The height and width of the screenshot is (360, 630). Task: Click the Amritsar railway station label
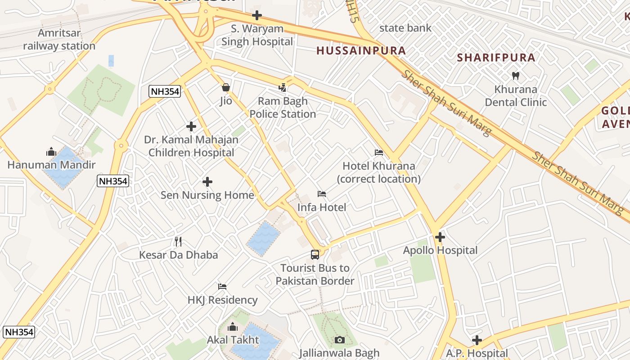point(59,40)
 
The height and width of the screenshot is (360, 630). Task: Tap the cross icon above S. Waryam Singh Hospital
point(257,15)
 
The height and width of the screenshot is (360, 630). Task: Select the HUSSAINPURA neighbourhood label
point(361,50)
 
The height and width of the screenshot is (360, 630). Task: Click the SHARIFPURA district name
point(496,58)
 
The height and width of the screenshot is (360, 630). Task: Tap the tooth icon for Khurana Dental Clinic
point(516,76)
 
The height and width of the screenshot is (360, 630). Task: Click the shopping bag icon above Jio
point(226,87)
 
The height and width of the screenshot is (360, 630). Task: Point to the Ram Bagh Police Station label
point(283,108)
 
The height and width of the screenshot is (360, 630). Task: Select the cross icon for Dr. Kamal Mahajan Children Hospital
point(191,126)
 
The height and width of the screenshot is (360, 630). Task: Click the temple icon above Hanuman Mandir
point(51,152)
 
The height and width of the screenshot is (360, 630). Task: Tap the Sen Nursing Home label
point(207,195)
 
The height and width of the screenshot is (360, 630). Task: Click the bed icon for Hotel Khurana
point(379,153)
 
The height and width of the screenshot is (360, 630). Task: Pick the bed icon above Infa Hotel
point(322,194)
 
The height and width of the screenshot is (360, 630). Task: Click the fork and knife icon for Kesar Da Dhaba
point(178,242)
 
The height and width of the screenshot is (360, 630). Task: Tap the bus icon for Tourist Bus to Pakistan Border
point(315,255)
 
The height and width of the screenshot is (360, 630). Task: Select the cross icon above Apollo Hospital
point(440,237)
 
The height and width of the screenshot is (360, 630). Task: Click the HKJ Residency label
point(222,300)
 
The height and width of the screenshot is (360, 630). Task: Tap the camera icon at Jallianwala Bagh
point(340,340)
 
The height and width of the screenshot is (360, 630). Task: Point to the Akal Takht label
point(233,340)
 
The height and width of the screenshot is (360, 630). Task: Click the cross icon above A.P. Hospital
point(477,340)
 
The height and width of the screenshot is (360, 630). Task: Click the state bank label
point(405,28)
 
